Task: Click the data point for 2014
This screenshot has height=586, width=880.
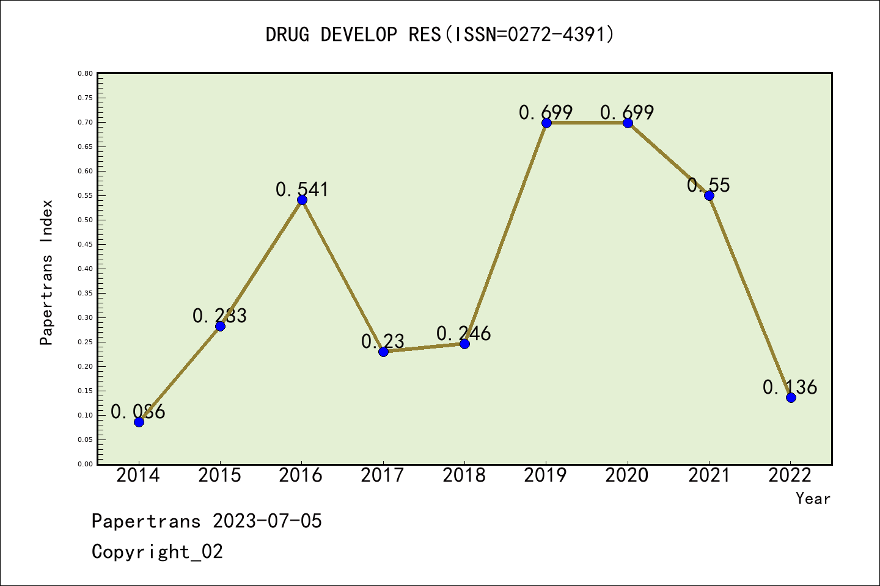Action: [x=139, y=422]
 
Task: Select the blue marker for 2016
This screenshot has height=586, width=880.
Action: [x=302, y=200]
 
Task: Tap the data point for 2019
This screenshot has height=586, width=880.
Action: [x=546, y=123]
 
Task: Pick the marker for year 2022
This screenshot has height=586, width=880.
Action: [x=791, y=398]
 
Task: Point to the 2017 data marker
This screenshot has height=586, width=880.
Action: [x=383, y=352]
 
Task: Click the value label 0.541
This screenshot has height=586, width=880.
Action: [x=302, y=189]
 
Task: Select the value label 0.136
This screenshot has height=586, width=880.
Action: [x=790, y=387]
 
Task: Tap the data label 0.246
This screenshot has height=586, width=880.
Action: [x=464, y=333]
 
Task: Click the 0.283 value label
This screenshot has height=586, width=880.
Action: [x=219, y=316]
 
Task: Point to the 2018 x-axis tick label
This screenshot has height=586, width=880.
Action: [x=464, y=476]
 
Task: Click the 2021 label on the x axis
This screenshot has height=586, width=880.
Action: [x=709, y=476]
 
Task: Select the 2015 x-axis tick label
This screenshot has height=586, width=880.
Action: [x=219, y=476]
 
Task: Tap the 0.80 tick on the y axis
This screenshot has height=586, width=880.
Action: [x=86, y=73]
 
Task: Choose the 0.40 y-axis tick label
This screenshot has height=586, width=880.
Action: [x=86, y=269]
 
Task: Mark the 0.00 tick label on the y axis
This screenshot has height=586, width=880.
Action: [x=86, y=464]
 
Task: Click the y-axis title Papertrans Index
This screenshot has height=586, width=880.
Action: [x=46, y=272]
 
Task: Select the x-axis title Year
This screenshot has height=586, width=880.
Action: [x=813, y=499]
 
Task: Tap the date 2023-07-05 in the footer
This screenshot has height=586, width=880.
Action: [x=267, y=521]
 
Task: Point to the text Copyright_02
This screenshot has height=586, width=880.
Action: [x=157, y=552]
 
